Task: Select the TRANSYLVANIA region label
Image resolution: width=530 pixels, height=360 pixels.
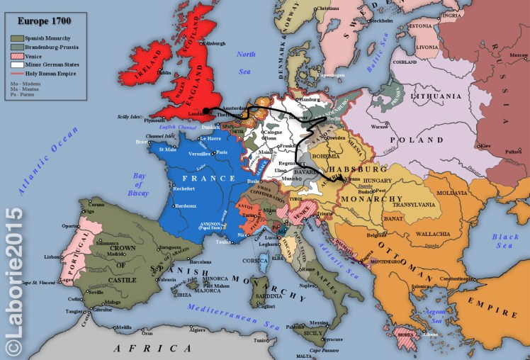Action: click(418, 206)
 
